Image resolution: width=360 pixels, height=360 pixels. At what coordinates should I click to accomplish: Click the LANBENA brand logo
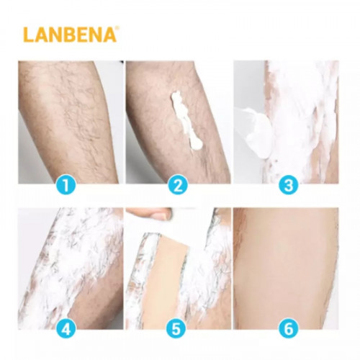(x=70, y=35)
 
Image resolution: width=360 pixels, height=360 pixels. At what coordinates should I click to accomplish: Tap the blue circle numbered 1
(x=66, y=185)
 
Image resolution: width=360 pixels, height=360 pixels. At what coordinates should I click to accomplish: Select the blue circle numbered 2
(x=178, y=185)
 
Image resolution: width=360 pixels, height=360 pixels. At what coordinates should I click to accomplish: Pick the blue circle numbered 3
(x=289, y=185)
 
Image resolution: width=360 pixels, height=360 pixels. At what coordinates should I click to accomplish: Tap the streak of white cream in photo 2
(x=185, y=120)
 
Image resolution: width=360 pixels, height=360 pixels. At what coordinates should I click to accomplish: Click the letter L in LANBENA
(x=28, y=35)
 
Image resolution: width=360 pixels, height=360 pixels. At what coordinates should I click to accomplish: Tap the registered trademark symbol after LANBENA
(x=116, y=28)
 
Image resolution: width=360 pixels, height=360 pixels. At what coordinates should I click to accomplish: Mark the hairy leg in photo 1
(x=70, y=120)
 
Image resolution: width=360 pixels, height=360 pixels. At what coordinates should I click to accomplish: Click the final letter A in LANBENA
(x=109, y=35)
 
